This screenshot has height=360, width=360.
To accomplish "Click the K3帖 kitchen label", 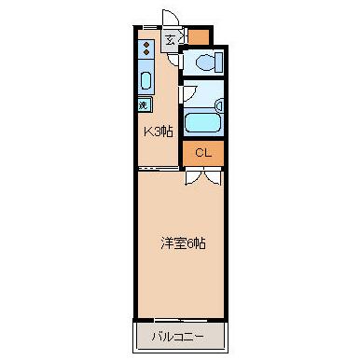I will tap(157, 132).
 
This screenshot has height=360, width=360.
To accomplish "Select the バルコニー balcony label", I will tap(179, 333).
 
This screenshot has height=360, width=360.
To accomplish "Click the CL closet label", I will tap(202, 152).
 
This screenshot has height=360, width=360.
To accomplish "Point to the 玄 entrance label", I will tap(170, 39).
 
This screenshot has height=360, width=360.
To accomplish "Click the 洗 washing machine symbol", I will tap(145, 104).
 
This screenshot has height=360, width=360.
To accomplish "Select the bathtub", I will tap(202, 122).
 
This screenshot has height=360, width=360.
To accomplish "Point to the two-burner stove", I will tap(147, 48).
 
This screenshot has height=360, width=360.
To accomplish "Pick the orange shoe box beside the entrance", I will tap(199, 37).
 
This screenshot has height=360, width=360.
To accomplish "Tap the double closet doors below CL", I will tap(202, 174).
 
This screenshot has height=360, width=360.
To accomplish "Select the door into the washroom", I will tap(187, 93).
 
